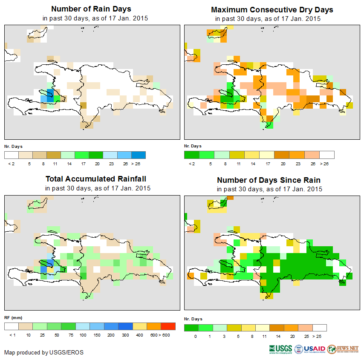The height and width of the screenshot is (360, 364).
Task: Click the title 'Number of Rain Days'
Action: pos(91,9)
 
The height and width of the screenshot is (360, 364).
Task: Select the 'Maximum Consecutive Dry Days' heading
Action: pos(272,9)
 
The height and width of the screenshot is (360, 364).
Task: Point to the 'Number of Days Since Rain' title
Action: pos(269,180)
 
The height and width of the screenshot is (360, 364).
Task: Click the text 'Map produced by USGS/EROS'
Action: pos(44,352)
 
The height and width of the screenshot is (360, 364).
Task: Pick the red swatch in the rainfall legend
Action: pos(168,327)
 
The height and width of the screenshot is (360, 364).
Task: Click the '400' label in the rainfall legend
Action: pos(140,335)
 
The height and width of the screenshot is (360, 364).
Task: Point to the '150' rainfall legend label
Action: pos(97,335)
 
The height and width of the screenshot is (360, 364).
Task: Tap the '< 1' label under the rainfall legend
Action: pos(12,335)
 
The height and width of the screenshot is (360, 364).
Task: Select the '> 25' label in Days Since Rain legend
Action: pos(320,336)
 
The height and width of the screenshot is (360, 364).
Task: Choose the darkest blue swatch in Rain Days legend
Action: pos(139,155)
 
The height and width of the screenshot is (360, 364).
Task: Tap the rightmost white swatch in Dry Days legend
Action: pos(327,155)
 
